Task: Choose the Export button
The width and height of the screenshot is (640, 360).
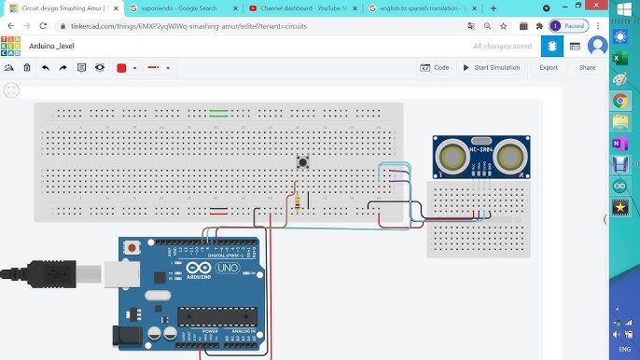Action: point(549,67)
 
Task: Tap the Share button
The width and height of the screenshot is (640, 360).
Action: point(587,67)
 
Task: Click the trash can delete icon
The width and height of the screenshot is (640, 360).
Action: point(27,68)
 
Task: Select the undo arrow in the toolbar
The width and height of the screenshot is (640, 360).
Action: point(45,68)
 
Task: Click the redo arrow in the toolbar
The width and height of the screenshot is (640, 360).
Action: point(63,68)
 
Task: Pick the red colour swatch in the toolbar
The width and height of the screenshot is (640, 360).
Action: point(121,68)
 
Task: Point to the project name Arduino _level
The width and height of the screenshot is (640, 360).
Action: point(52,45)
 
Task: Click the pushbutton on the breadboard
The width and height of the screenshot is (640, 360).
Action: point(303,162)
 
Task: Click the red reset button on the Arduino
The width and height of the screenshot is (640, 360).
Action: point(132,249)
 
